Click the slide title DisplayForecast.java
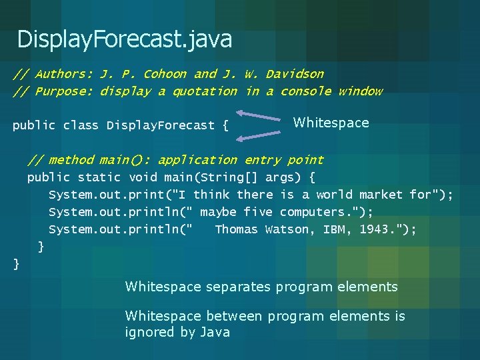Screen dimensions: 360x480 tap(125, 39)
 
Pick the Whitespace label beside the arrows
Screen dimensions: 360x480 tap(331, 123)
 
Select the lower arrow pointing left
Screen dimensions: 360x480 tap(261, 137)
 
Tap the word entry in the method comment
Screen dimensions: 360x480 tap(262, 160)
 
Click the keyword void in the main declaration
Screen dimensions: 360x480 tap(143, 177)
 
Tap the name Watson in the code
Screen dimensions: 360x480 tap(287, 229)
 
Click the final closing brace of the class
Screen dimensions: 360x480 tap(17, 265)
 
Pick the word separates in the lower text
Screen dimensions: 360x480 tap(236, 287)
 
